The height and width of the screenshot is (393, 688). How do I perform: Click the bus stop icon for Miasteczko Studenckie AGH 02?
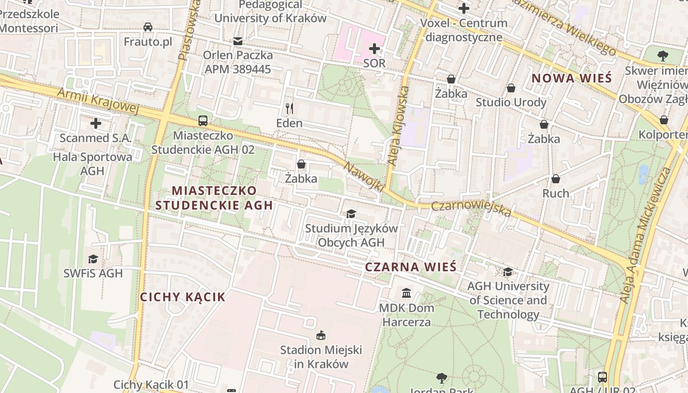click(x=202, y=120)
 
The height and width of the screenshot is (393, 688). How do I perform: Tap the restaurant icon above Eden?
click(x=289, y=108)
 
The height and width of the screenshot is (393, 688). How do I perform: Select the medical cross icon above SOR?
click(x=374, y=49)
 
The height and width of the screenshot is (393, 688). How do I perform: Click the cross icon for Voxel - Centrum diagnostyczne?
click(x=463, y=8)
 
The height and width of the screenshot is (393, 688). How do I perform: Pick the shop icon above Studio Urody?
click(x=511, y=88)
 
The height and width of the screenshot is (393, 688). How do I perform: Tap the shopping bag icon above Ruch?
click(x=556, y=179)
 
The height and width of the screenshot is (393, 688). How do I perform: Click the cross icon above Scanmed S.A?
click(x=96, y=123)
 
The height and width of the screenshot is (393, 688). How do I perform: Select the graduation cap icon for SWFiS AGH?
click(x=93, y=259)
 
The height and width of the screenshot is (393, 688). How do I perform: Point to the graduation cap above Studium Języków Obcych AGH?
click(x=351, y=214)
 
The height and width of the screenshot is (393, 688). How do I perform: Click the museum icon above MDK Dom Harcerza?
click(x=406, y=293)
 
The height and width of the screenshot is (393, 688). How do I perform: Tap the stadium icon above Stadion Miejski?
click(x=321, y=336)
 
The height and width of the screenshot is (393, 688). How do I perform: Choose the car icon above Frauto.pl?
click(x=147, y=27)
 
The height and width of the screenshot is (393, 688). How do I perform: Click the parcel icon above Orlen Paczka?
click(x=238, y=41)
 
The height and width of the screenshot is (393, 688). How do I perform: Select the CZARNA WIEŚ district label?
click(x=411, y=267)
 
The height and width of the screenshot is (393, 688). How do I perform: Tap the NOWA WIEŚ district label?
click(x=572, y=78)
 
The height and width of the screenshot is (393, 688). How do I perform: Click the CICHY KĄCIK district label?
click(x=183, y=297)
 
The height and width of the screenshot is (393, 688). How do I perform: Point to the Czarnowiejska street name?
click(x=471, y=209)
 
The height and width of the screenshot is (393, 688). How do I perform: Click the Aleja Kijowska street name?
click(x=398, y=126)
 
